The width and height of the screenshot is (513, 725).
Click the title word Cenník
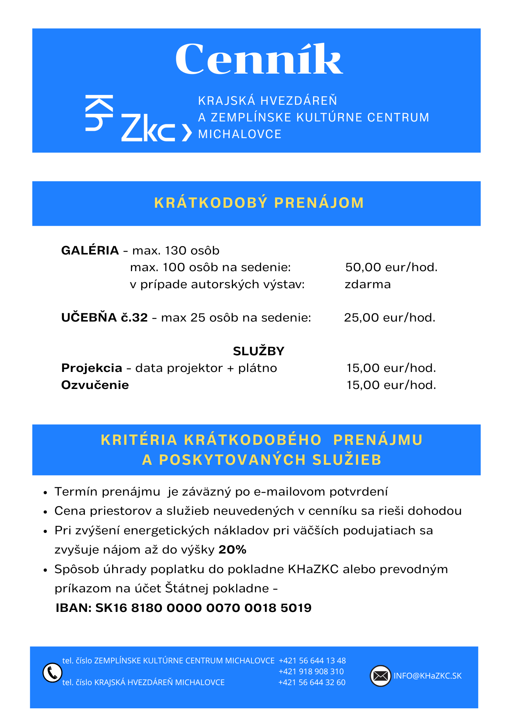pos(259,59)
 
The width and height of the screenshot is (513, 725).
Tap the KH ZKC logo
pos(138,119)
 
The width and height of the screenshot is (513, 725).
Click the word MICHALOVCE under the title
pos(240,134)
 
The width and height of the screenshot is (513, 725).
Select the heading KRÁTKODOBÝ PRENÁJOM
pos(259,203)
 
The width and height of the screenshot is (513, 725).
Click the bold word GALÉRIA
pos(90,250)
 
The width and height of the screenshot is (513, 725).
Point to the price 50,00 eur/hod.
pos(391,268)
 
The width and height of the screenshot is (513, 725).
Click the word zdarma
pos(368,284)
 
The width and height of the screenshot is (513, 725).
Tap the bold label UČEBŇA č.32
pos(104,318)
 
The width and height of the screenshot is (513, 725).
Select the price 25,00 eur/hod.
pos(389,318)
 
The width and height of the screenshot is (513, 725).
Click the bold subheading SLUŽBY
pos(258,351)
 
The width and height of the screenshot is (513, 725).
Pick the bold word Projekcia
pos(92,368)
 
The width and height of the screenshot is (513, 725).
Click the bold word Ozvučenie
pos(95,385)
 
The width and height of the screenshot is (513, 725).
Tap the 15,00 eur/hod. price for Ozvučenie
pos(391,385)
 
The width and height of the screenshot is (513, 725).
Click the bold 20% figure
pos(233,550)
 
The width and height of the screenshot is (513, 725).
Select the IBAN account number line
pos(184,608)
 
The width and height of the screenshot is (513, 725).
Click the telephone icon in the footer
pos(52,672)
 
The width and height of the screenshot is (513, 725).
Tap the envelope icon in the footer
pos(380,676)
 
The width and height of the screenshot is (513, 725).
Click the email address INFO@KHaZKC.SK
pos(427,676)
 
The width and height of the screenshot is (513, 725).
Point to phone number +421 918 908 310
pos(311,671)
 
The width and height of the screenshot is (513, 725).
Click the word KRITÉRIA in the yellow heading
pos(139,440)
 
